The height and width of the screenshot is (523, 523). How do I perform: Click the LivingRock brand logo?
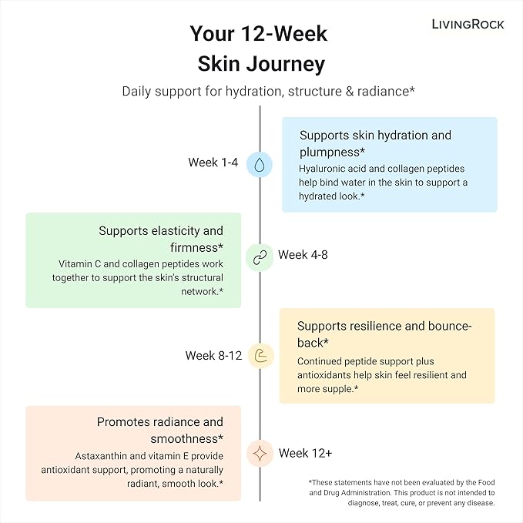pos(468,25)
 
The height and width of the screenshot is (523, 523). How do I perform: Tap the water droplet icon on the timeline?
pos(259,165)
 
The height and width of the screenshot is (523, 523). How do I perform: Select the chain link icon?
pos(260,257)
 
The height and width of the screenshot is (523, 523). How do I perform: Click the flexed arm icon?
pos(261,356)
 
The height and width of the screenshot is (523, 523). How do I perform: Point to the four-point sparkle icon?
pos(260,454)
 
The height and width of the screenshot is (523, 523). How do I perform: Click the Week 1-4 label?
pos(213,163)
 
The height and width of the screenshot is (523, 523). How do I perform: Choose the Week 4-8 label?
pos(303,255)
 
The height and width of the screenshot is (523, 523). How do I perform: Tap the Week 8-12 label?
pos(213,356)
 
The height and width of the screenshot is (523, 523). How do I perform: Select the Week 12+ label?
pos(305,453)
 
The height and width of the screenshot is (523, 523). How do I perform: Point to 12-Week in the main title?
pos(283,34)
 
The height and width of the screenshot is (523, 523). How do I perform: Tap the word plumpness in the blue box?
pos(329,153)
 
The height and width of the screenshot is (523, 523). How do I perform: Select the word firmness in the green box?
pos(194,248)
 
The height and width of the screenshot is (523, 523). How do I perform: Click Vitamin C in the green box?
pos(79,264)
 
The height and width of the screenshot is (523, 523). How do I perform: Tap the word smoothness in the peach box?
pos(184,439)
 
